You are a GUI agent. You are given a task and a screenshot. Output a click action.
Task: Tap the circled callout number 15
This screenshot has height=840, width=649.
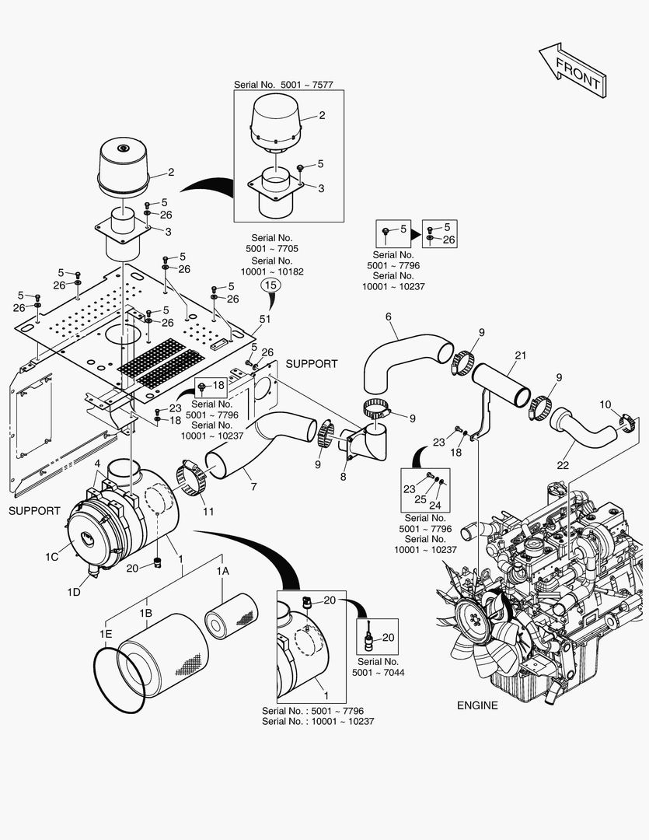pos(270,285)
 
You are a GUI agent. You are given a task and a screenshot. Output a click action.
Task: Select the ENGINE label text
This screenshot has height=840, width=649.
pos(477,705)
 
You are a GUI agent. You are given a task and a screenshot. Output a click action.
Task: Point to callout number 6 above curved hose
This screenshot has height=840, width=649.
pos(389,317)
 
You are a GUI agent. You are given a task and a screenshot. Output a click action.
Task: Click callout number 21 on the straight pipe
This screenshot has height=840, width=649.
pos(520,355)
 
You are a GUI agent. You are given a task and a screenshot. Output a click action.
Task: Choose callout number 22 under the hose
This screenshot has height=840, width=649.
pos(563,465)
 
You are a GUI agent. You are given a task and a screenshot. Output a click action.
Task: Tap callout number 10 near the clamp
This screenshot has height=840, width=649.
pos(605,404)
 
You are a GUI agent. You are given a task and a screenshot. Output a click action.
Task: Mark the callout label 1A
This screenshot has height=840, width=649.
pos(223,571)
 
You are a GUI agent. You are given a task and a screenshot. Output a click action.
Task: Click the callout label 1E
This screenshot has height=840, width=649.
pos(106,634)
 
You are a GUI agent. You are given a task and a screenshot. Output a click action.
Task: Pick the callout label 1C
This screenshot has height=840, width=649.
pos(52,557)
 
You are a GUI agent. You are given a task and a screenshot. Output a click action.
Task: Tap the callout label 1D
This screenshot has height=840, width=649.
pos(73,593)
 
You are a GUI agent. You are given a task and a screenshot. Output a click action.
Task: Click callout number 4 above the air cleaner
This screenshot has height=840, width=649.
pos(97,464)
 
